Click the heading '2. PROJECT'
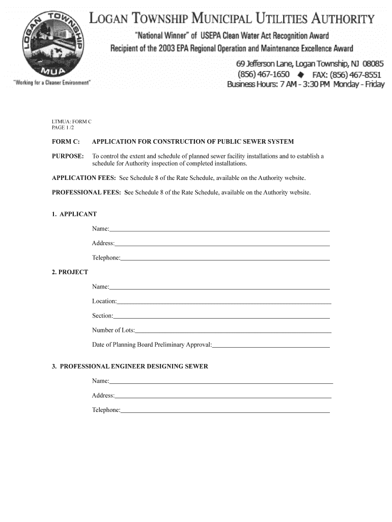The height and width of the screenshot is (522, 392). point(70,272)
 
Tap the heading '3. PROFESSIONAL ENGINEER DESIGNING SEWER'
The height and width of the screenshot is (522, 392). point(130,367)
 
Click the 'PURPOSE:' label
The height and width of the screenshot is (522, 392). point(68,156)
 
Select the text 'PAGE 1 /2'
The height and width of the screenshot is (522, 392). point(63,127)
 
